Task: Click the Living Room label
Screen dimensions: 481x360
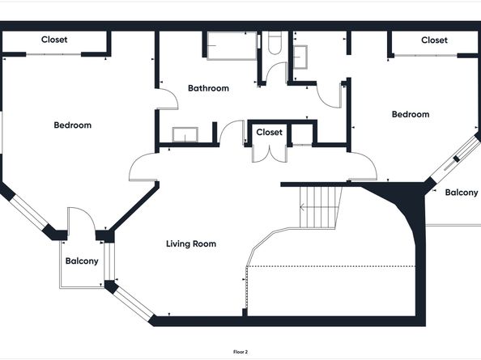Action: [191, 244]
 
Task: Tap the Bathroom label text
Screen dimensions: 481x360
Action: [208, 88]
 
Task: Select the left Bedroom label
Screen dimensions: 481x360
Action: [72, 125]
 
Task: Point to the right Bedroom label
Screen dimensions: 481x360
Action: [411, 114]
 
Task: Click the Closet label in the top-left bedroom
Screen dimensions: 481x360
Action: [54, 40]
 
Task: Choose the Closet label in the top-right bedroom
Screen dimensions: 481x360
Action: [434, 40]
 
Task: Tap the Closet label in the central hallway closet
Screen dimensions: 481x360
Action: [270, 132]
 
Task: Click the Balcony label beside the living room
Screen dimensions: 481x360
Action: [82, 261]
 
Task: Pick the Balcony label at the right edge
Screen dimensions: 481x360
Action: [462, 193]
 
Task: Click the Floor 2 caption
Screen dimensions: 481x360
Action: [240, 352]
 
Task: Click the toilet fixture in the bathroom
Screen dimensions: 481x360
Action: [275, 43]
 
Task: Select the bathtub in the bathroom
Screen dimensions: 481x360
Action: [232, 45]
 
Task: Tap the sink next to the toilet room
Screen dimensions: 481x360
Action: [300, 57]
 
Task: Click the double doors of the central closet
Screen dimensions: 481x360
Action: [270, 153]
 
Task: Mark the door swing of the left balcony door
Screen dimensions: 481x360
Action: [82, 218]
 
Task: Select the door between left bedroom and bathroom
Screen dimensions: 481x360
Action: [167, 99]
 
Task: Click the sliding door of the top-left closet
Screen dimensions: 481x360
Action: [53, 54]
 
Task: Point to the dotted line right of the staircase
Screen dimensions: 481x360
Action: [331, 266]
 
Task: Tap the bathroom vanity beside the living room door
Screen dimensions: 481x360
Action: [185, 135]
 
